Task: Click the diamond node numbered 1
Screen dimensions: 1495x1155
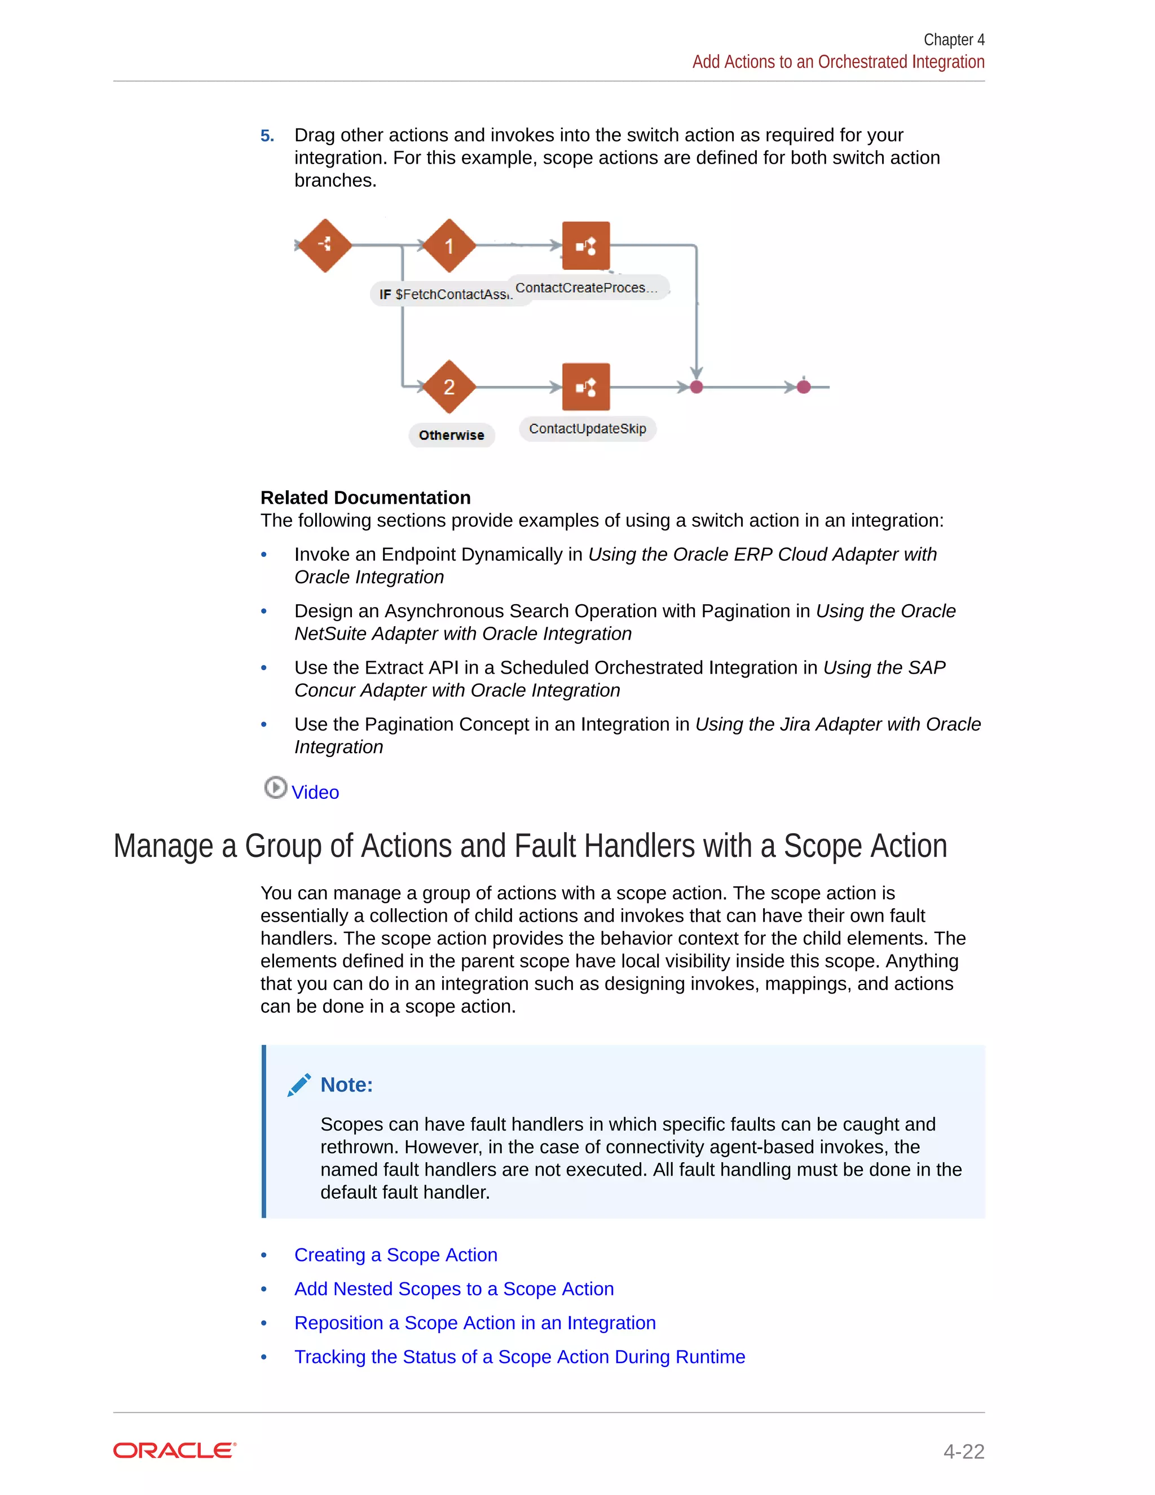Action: [x=449, y=246]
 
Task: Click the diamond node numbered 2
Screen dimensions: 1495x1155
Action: [x=449, y=387]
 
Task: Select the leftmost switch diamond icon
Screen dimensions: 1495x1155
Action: [x=325, y=245]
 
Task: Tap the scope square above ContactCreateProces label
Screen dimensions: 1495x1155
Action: [x=586, y=246]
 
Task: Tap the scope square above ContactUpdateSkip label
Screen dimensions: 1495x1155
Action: [x=586, y=387]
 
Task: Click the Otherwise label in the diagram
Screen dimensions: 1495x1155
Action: [x=452, y=436]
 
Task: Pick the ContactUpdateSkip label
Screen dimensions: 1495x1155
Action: [x=587, y=429]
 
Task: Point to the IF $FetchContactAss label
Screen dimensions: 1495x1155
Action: [x=445, y=294]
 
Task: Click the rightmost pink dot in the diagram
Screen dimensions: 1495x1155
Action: [x=804, y=387]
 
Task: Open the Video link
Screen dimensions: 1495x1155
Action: [x=315, y=792]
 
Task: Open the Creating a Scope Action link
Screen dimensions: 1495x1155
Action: [x=395, y=1255]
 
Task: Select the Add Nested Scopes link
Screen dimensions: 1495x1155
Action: [x=453, y=1289]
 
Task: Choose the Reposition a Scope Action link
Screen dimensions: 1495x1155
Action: [x=475, y=1322]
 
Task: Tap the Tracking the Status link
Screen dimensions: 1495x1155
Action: [x=519, y=1357]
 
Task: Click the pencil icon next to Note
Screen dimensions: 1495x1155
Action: [x=299, y=1085]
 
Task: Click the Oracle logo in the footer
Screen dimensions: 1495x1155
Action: [x=174, y=1450]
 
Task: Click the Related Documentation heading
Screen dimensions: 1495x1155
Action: [x=365, y=498]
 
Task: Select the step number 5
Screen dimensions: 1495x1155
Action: [x=267, y=135]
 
